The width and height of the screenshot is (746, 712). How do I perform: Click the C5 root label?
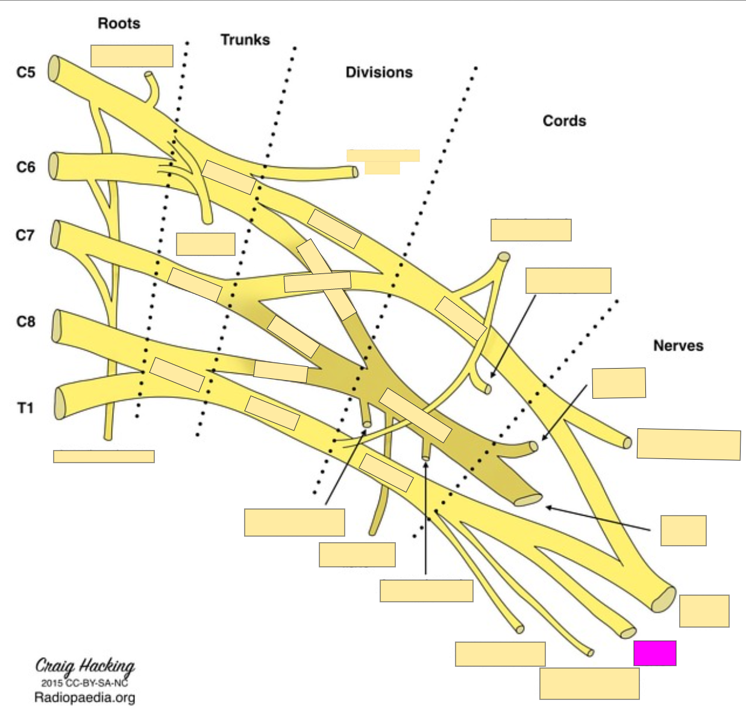tap(25, 72)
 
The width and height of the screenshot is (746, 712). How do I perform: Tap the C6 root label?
tap(25, 167)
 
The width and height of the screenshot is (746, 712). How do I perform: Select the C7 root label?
tap(25, 235)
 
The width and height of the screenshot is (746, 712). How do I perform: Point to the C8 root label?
tap(25, 322)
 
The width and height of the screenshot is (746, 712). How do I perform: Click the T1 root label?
tap(25, 408)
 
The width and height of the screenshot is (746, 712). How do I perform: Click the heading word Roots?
tap(119, 23)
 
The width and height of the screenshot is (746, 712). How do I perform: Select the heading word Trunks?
tap(245, 40)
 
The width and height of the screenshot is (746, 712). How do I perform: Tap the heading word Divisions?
tap(378, 72)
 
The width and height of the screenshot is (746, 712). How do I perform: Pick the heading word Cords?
tap(564, 120)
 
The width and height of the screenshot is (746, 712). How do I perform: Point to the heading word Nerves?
tap(678, 345)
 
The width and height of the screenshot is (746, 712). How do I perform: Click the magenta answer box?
tap(654, 653)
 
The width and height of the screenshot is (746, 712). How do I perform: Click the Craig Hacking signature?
tap(85, 666)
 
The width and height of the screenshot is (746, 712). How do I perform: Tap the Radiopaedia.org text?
tap(84, 698)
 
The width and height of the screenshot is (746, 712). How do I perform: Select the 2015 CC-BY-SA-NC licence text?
tap(84, 682)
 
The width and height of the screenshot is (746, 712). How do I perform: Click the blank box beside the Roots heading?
tap(132, 55)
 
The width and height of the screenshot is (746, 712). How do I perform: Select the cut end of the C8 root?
tap(57, 326)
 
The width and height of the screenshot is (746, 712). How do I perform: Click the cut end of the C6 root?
tap(54, 166)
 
